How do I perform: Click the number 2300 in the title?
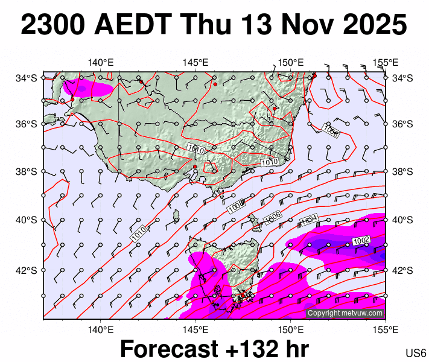[53, 25]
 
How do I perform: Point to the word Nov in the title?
[307, 25]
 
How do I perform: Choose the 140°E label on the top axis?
[101, 62]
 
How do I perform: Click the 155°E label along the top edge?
[385, 62]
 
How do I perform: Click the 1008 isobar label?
[237, 206]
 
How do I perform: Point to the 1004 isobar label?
[309, 221]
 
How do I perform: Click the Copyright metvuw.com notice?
[345, 313]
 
